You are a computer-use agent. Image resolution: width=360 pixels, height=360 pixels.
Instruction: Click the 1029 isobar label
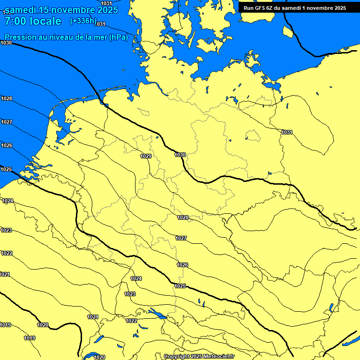[146, 156]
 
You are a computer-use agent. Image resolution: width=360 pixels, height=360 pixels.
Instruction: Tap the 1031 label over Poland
[287, 132]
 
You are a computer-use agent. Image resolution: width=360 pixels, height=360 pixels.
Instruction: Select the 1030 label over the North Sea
[6, 43]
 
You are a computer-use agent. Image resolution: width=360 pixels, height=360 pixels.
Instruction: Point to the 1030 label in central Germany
[180, 155]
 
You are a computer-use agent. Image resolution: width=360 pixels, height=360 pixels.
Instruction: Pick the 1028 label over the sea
[6, 98]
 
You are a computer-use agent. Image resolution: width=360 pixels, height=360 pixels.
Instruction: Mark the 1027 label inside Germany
[181, 238]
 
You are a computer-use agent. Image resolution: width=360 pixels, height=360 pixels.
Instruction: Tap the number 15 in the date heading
[50, 10]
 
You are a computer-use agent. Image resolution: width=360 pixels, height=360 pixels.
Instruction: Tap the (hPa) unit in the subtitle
[118, 37]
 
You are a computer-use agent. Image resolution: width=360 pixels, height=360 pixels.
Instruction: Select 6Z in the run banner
[271, 8]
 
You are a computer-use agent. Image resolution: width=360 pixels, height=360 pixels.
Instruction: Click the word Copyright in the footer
[176, 357]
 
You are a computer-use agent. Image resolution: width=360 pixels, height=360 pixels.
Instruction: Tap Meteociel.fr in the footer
[218, 357]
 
